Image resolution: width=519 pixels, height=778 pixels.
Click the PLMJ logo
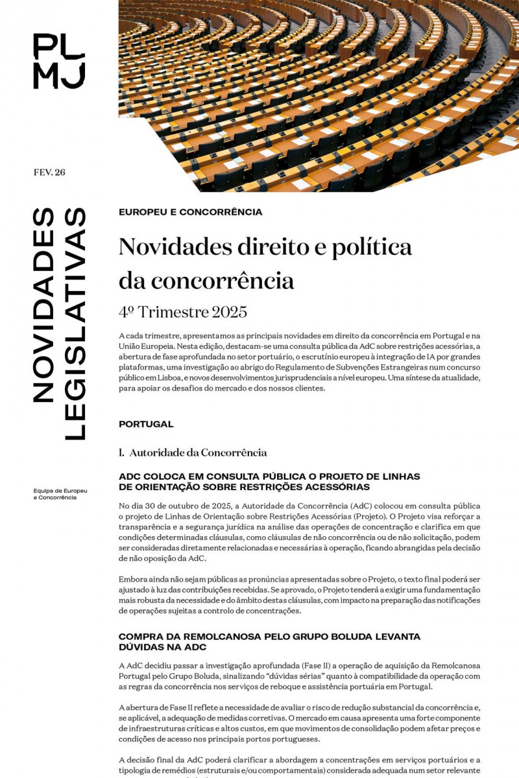[59, 61]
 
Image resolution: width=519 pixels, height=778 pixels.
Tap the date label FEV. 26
[49, 172]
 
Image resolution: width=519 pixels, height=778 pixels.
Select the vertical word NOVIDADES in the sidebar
[43, 305]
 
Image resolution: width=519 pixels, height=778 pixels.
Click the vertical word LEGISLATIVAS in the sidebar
[75, 324]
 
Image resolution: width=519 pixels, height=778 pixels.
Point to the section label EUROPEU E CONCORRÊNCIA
[190, 212]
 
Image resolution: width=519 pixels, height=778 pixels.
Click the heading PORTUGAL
[146, 424]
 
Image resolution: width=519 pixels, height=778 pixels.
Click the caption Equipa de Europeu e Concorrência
[60, 494]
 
